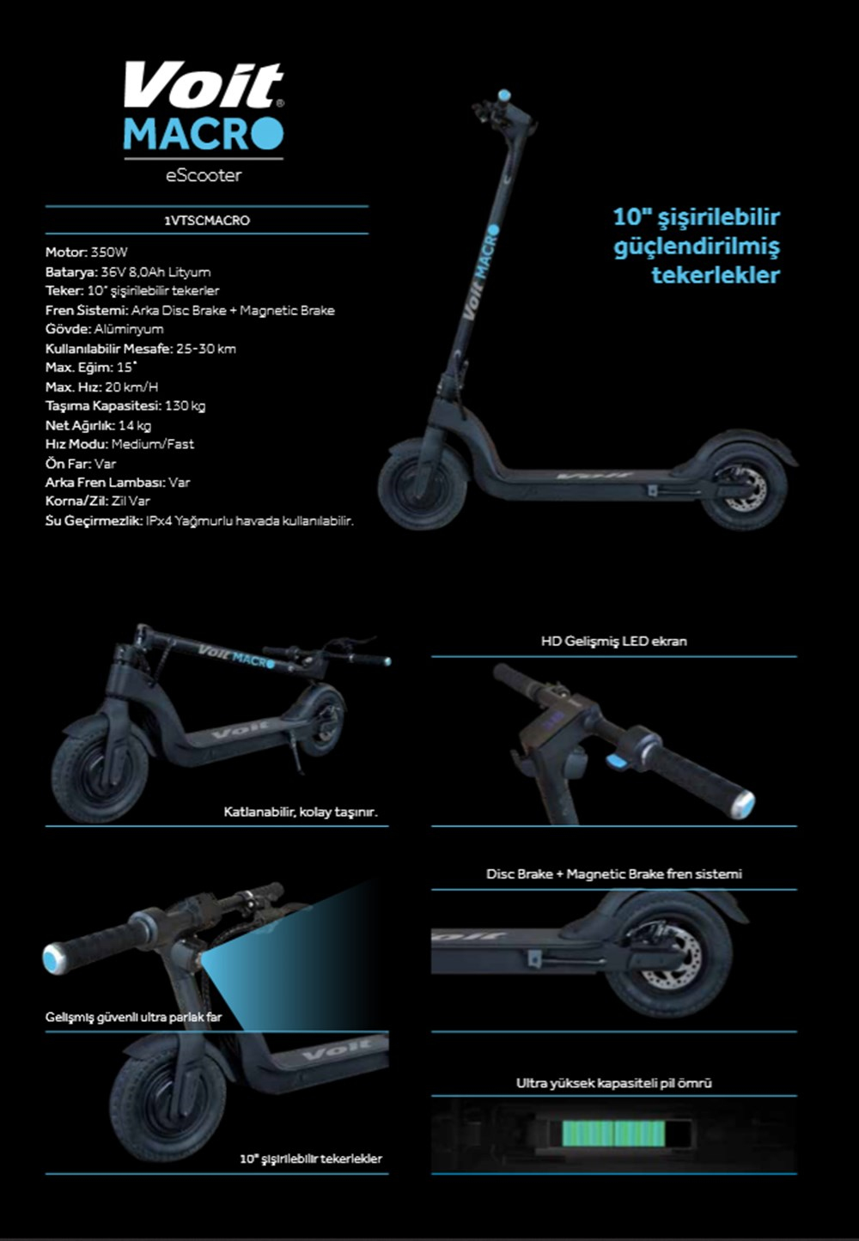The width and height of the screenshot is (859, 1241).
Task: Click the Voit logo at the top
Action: [x=204, y=85]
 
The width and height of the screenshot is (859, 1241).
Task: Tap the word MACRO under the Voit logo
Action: [x=204, y=133]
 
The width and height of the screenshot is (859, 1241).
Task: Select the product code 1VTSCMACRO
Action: [x=207, y=221]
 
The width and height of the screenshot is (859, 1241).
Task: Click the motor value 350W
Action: [x=109, y=252]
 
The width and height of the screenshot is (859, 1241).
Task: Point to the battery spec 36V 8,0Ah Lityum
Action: [x=155, y=272]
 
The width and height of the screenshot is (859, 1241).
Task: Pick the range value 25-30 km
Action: [x=206, y=349]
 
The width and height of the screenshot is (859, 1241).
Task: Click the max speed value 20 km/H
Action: [x=131, y=386]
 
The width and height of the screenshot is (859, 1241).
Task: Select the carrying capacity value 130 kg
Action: [x=185, y=406]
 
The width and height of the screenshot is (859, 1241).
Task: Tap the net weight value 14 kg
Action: [x=135, y=425]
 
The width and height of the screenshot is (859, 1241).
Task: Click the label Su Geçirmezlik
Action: [x=94, y=520]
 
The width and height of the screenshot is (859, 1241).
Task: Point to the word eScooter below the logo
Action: [x=204, y=175]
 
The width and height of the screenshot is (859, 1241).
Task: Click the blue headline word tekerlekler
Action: [x=716, y=275]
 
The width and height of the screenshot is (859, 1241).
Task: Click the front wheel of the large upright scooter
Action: [x=423, y=484]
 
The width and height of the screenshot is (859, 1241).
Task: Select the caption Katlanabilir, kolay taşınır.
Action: [x=301, y=812]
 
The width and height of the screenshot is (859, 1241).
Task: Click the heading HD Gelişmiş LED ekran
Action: [x=614, y=642]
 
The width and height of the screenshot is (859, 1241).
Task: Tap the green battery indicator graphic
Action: [x=613, y=1134]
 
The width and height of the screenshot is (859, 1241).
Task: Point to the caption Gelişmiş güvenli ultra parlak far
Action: [x=133, y=1017]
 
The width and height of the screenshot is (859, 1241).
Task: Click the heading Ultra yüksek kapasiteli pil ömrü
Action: [x=614, y=1083]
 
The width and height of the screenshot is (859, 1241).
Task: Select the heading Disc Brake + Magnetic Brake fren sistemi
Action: [x=614, y=874]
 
